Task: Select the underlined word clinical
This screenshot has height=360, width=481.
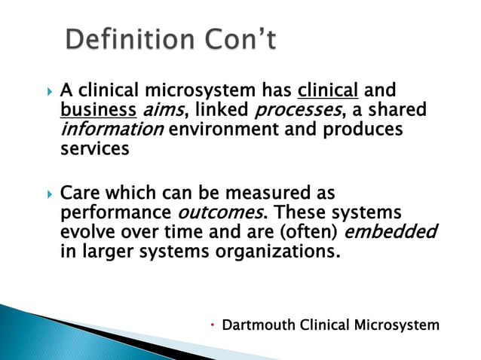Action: tap(328, 91)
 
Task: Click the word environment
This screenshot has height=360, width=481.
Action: tap(232, 130)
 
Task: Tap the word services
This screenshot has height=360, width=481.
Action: tap(94, 148)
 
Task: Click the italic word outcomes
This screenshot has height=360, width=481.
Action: tap(212, 212)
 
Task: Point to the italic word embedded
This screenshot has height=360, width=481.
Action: tap(396, 231)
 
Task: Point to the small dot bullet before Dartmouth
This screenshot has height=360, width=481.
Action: tap(214, 325)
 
